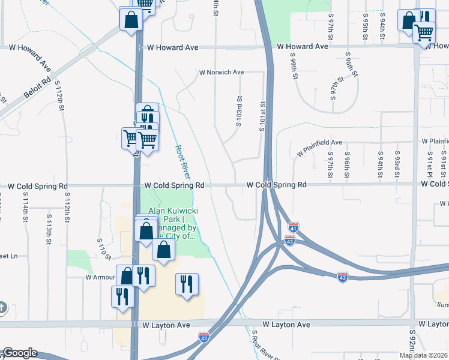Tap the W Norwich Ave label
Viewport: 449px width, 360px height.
tap(221, 73)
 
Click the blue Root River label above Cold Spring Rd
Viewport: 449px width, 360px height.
tap(182, 161)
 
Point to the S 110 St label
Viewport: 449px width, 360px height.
tap(104, 247)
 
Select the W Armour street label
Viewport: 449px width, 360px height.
tap(100, 277)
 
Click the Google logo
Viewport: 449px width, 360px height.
tap(19, 353)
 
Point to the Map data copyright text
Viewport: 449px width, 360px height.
tap(423, 355)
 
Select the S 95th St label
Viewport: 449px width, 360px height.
tap(365, 29)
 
